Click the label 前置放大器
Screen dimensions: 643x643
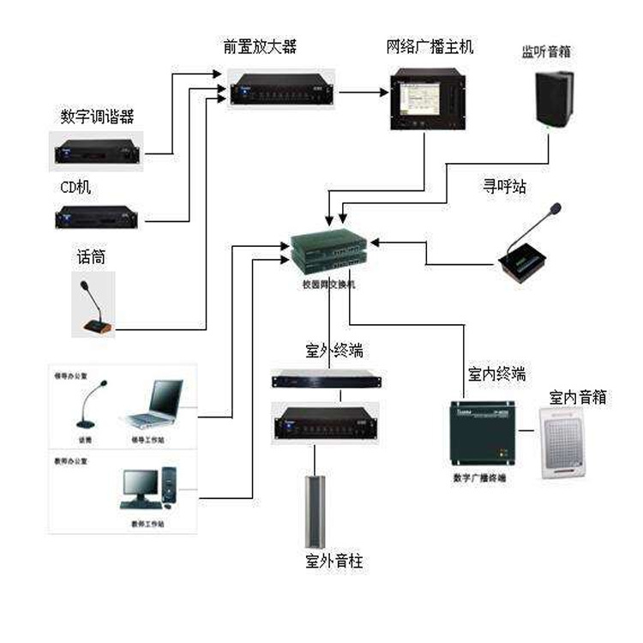point(260,47)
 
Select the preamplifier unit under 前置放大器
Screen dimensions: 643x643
point(281,88)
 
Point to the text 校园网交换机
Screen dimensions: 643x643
point(328,285)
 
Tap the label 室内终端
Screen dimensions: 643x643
point(496,375)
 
